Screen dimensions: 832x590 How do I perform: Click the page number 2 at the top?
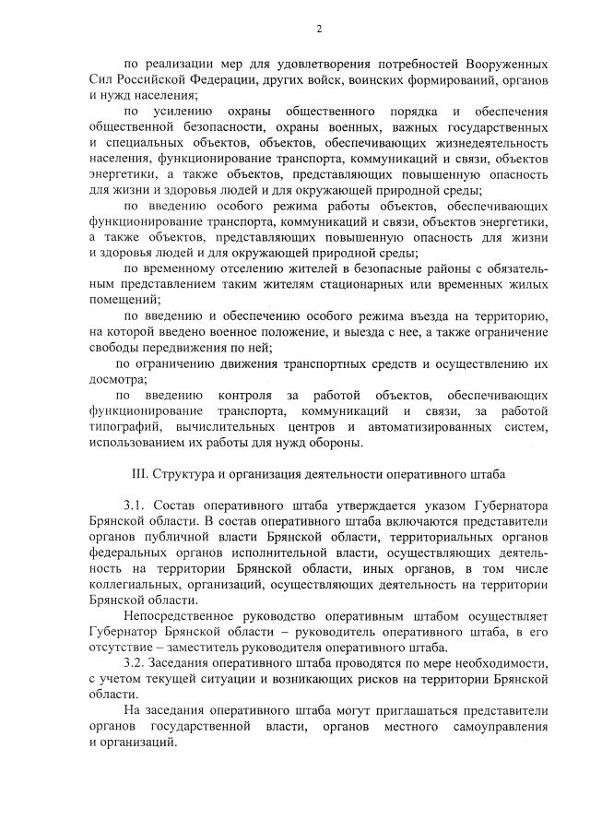pos(318,29)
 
